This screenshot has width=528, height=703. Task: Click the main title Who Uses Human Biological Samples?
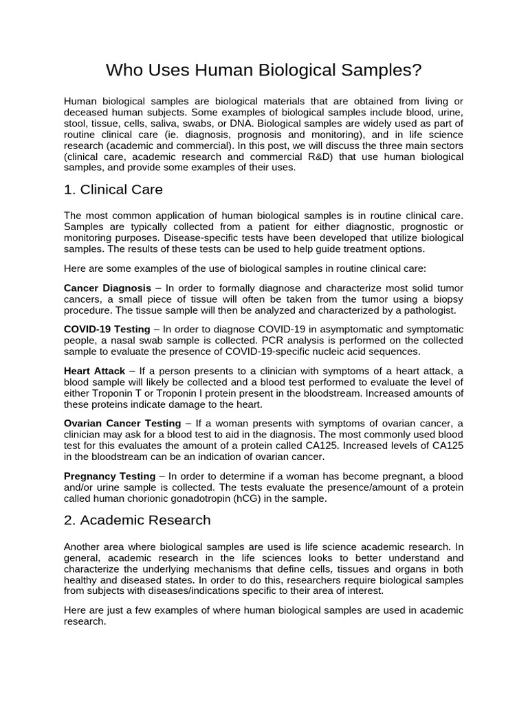pyautogui.click(x=263, y=71)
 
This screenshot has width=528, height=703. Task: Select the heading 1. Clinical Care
pyautogui.click(x=113, y=189)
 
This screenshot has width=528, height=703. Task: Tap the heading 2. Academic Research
pyautogui.click(x=137, y=520)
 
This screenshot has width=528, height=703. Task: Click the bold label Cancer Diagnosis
pyautogui.click(x=107, y=288)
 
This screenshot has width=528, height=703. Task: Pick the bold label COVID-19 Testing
pyautogui.click(x=107, y=329)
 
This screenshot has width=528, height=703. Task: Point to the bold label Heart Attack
pyautogui.click(x=94, y=371)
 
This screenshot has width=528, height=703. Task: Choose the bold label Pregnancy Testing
pyautogui.click(x=109, y=476)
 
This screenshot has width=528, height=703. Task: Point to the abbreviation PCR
pyautogui.click(x=259, y=340)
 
